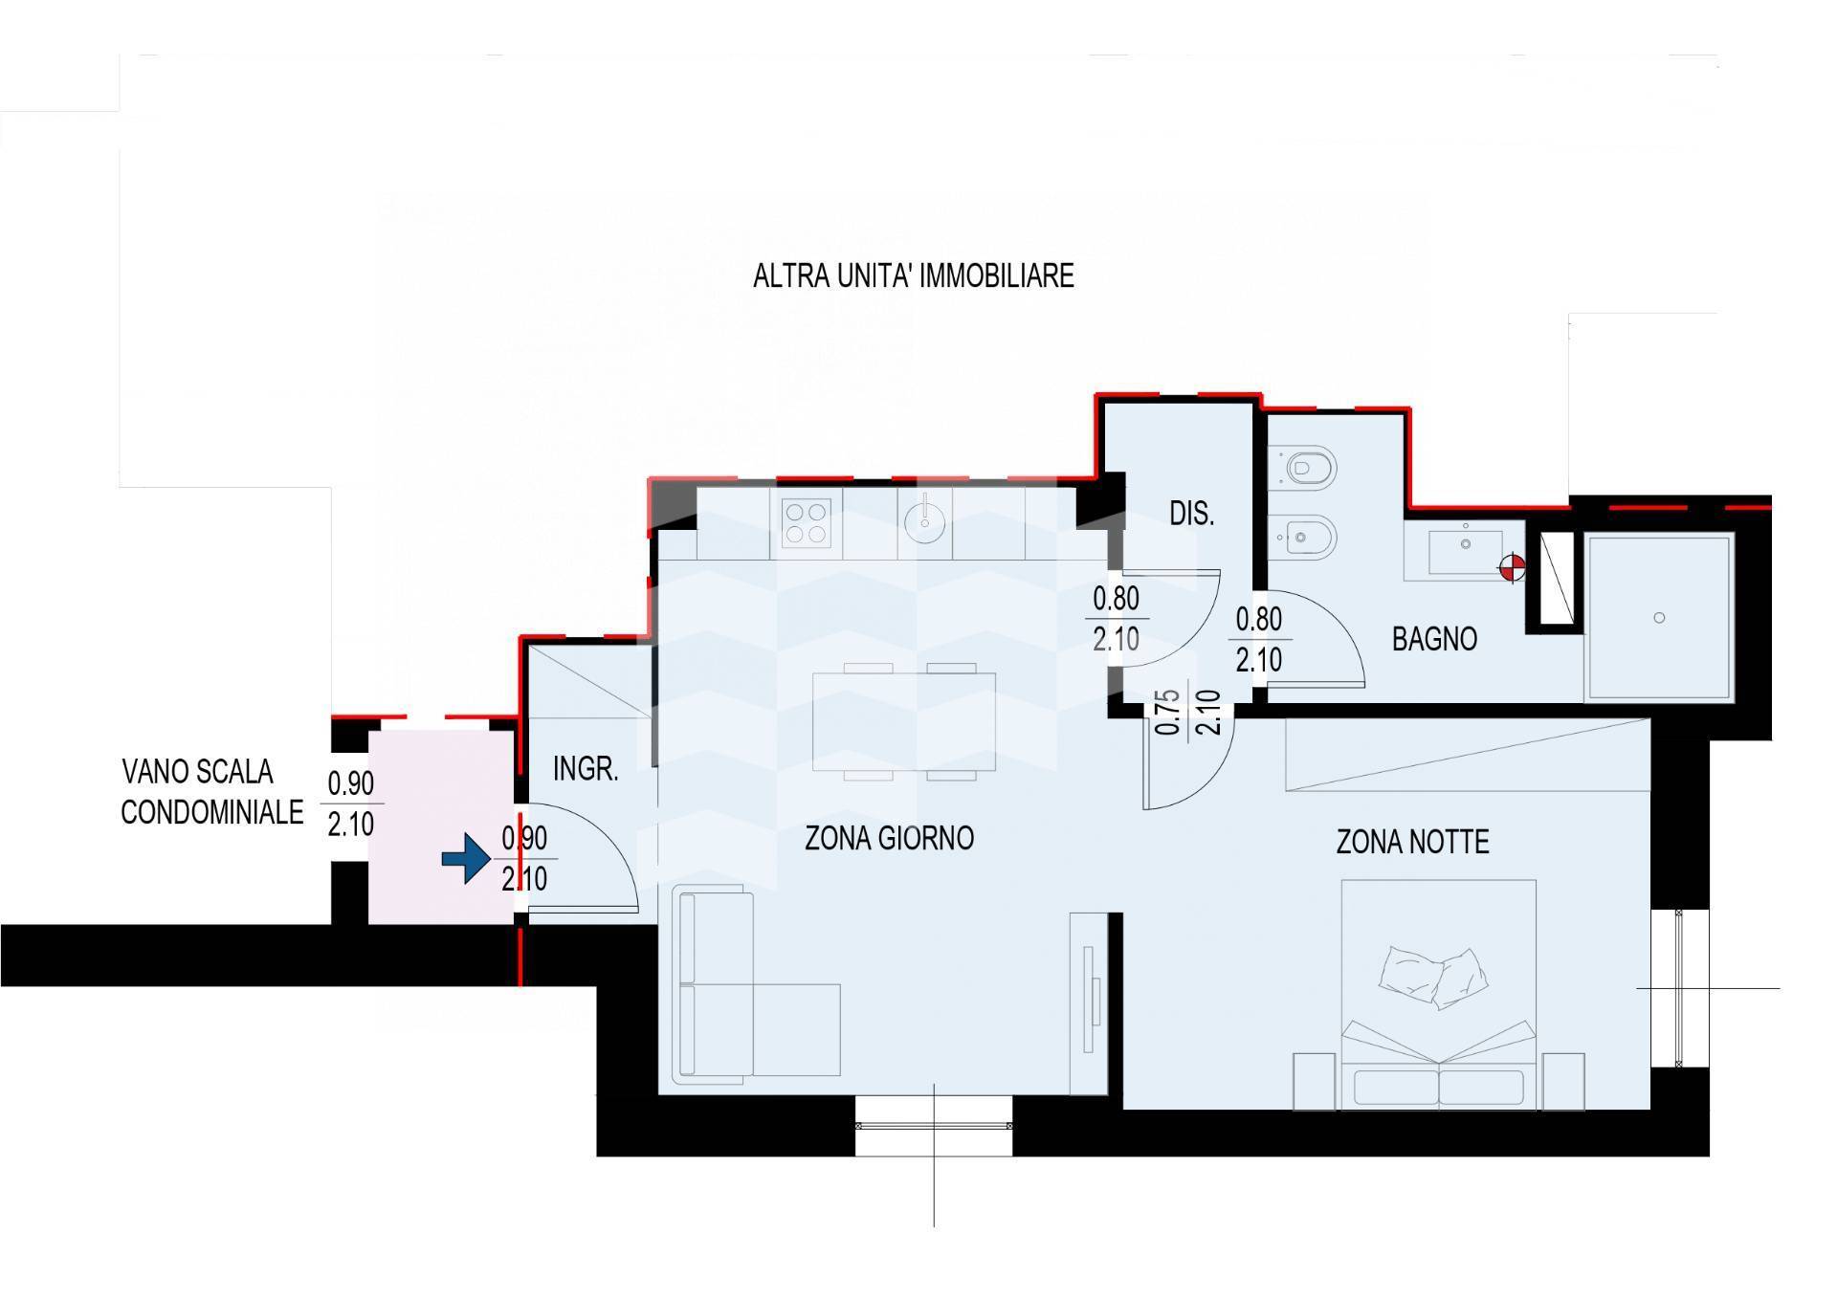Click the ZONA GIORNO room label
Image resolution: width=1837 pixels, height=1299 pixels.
pos(889,838)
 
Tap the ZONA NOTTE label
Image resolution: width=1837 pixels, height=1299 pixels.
pos(1412,842)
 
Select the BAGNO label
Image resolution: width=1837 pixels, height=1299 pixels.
pos(1434,639)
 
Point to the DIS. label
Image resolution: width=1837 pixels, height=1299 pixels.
pos(1191,514)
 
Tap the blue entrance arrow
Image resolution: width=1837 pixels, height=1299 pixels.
pos(466,859)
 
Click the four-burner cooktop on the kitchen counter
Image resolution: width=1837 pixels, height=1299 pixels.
pos(806,523)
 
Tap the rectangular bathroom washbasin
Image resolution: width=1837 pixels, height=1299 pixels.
pos(1464,553)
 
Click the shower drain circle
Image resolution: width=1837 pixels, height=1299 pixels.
pos(1659,618)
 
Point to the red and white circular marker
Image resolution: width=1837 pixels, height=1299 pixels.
pos(1512,569)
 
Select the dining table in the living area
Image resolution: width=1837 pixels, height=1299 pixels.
pos(903,722)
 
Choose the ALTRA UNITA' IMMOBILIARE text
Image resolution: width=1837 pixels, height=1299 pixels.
pos(914,276)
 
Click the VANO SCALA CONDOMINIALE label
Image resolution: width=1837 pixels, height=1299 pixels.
pos(211,792)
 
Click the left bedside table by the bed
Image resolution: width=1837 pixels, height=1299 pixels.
pos(1314,1082)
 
